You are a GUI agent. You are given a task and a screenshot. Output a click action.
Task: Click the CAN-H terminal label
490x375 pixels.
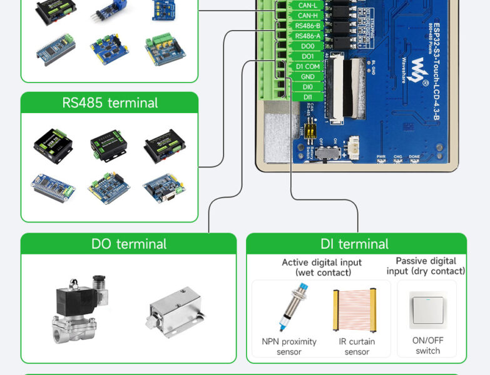tap(307, 16)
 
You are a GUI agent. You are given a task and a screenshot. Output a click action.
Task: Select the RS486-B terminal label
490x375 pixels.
tap(307, 26)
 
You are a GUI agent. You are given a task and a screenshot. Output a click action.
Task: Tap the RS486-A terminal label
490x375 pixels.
tap(307, 36)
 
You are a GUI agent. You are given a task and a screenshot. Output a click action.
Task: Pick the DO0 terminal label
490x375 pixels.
tap(307, 46)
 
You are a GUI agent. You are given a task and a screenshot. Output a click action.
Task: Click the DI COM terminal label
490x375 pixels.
tap(307, 66)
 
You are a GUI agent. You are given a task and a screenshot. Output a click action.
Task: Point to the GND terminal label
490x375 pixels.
tap(307, 77)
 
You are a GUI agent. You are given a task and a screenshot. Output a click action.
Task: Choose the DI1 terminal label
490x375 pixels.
tap(307, 97)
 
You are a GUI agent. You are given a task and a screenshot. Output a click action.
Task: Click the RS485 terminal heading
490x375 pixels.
tap(110, 102)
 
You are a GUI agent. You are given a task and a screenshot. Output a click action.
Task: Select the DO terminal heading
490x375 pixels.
tap(129, 244)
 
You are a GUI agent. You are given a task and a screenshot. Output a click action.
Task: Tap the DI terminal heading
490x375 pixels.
tap(354, 244)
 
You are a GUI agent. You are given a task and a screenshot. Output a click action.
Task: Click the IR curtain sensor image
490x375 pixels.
tap(356, 310)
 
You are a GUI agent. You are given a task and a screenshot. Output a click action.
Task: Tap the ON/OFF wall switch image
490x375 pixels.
tap(427, 310)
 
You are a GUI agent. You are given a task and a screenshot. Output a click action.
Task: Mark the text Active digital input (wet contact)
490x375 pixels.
tap(322, 267)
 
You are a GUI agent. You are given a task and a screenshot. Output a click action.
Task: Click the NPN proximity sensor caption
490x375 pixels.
tap(289, 346)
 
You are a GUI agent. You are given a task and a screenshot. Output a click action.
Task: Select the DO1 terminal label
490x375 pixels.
tap(307, 56)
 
